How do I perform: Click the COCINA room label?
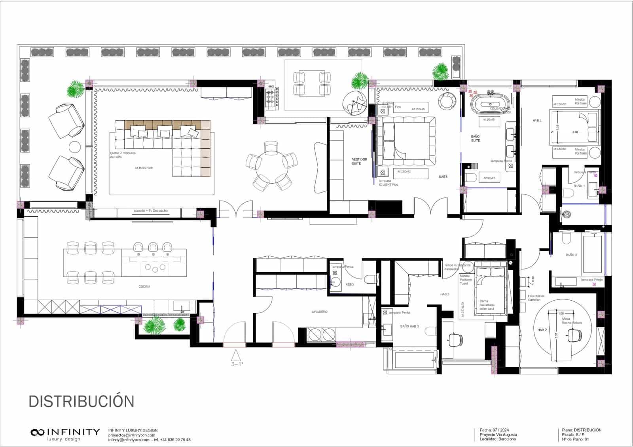pos(144,286)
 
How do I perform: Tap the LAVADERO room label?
pos(319,312)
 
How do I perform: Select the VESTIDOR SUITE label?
pos(359,161)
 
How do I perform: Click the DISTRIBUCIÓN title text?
pos(81,402)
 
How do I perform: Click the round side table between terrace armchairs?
pos(75,147)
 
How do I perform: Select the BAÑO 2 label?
pos(571,255)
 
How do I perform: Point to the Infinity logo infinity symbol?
pos(38,432)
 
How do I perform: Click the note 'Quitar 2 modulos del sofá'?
pos(123,155)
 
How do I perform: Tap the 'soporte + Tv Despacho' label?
pos(151,211)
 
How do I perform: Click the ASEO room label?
pos(350,284)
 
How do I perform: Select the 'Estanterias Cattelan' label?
pos(536,298)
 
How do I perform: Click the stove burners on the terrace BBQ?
pos(271,97)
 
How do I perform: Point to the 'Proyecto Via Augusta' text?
pos(498,434)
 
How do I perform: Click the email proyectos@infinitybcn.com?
pos(131,435)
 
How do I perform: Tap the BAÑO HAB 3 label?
pos(409,326)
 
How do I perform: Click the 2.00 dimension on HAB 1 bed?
pos(575,132)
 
